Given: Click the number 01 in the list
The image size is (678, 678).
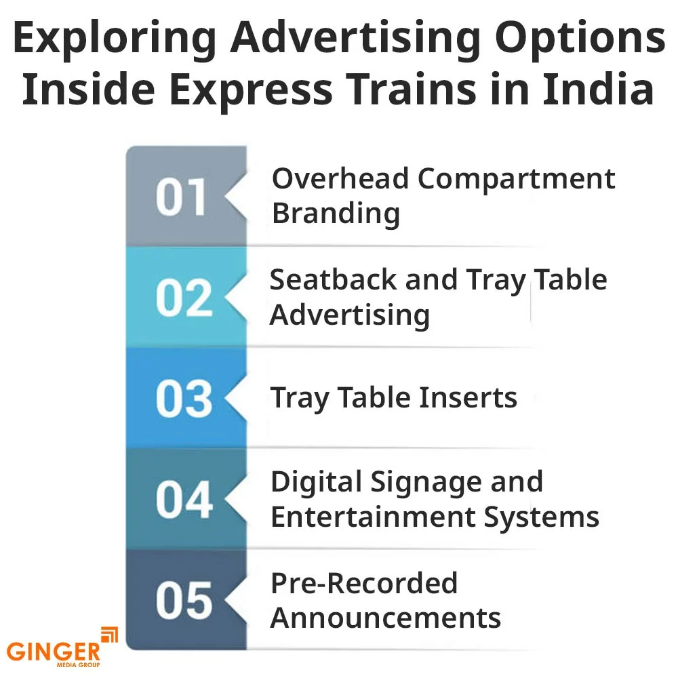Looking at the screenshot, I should coord(181,197).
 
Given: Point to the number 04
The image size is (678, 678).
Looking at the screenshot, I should coord(182,500).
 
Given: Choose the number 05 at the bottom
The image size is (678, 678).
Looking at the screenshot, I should coord(182,601).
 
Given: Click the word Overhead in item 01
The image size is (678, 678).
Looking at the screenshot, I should coord(340,179).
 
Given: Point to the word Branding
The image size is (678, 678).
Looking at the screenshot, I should coord(336,214).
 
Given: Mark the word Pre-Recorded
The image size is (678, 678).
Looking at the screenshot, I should coord(364,583).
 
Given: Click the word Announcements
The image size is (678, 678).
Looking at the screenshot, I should coord(386,618).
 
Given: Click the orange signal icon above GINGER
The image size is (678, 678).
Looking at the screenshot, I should coord(108,635).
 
